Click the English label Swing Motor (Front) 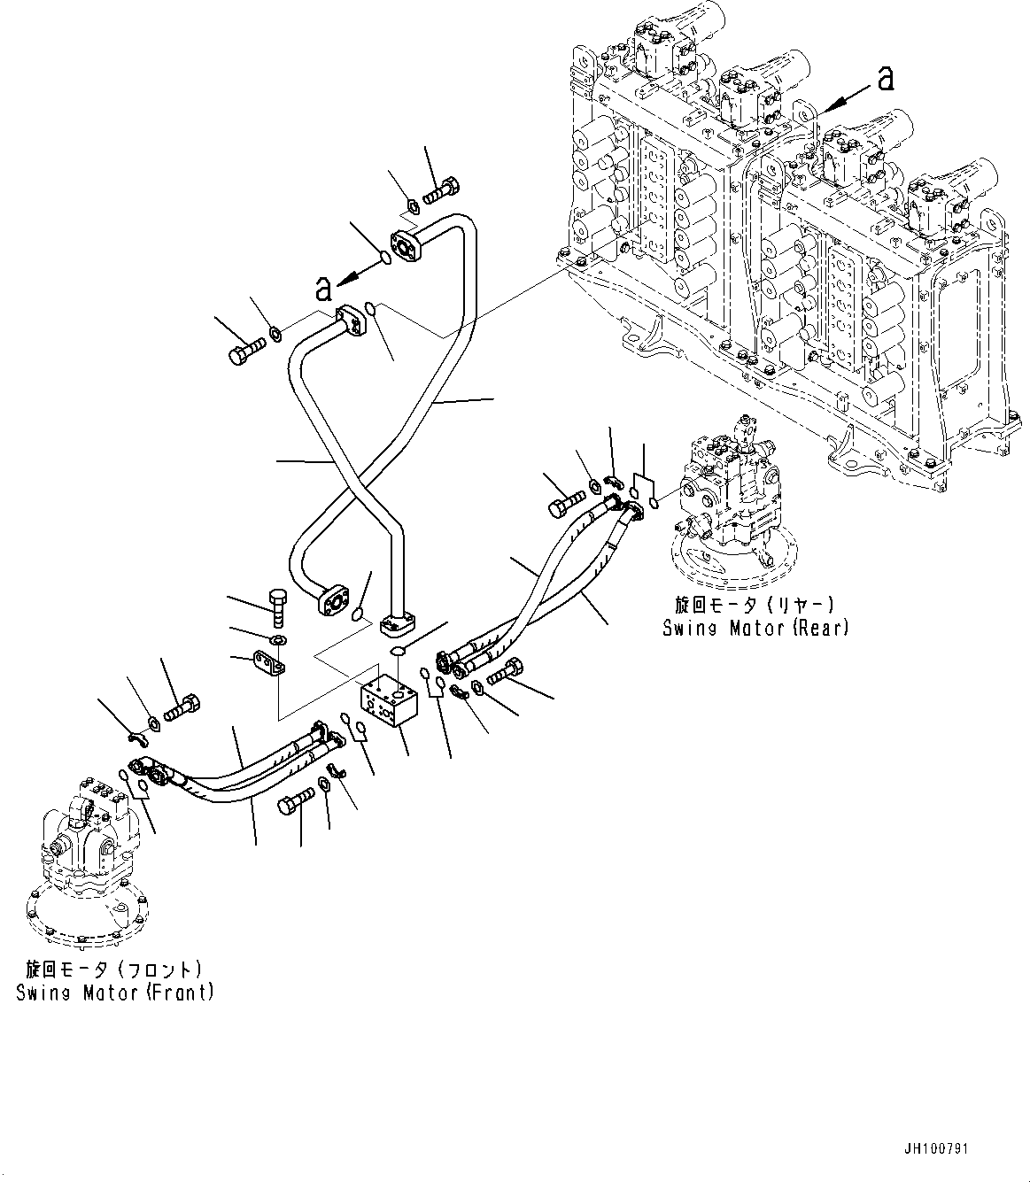[x=115, y=993]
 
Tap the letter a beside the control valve [x=883, y=80]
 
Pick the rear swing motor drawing [x=731, y=506]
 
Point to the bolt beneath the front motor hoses [x=295, y=804]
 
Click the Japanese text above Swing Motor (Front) [x=115, y=970]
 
